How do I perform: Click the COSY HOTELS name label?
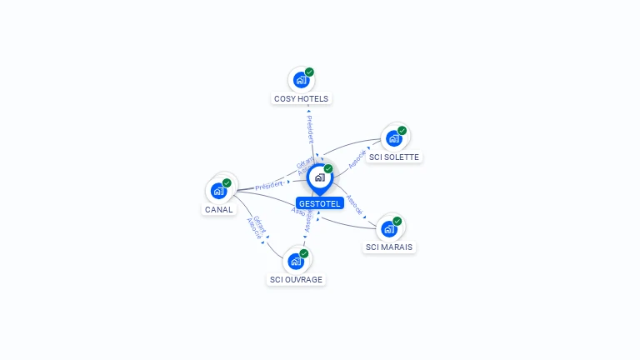[302, 98]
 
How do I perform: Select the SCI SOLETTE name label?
[395, 157]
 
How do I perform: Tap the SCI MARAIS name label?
[389, 247]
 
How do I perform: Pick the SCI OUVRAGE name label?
[296, 280]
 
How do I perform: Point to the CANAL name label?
[218, 210]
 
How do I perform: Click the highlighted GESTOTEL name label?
[320, 203]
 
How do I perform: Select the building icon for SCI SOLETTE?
[393, 138]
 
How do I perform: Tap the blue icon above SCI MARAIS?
[388, 228]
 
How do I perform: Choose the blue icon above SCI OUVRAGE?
[295, 261]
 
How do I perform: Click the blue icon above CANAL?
[218, 191]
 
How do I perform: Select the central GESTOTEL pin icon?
[319, 177]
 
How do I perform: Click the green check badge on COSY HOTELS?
[309, 72]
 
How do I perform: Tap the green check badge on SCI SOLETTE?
[402, 131]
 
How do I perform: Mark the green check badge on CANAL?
[227, 182]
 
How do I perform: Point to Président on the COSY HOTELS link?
[310, 128]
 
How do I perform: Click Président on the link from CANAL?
[269, 184]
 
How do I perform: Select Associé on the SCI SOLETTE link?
[357, 159]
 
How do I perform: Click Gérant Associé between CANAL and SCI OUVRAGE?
[257, 227]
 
